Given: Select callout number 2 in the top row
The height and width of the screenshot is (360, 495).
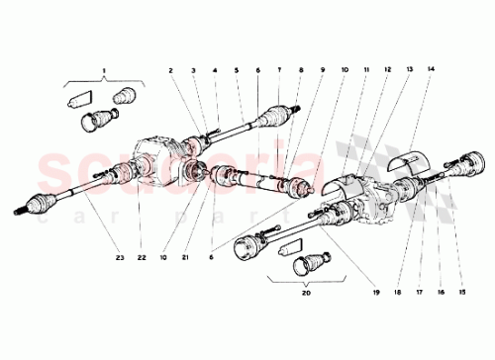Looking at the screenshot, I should (x=170, y=72).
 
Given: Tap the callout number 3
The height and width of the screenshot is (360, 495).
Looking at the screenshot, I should (x=193, y=72).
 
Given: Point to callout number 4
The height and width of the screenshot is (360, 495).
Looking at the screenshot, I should (x=214, y=72).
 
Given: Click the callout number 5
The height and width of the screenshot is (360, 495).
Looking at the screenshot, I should (x=237, y=72).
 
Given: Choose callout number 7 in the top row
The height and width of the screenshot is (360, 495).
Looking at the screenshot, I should (x=280, y=72).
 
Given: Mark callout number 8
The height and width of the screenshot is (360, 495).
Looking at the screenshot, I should (x=302, y=72).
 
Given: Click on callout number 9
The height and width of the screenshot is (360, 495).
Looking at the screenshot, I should (x=322, y=72).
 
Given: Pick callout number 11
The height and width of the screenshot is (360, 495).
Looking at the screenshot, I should (x=365, y=72).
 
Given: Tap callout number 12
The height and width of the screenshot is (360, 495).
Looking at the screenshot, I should (x=387, y=72).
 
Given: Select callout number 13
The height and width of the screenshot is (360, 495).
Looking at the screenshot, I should (x=409, y=72).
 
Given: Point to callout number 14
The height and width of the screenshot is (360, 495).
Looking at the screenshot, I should (x=431, y=72).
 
